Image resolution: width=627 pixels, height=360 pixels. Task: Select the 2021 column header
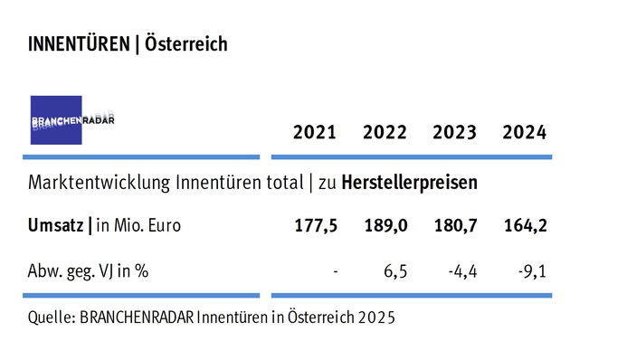315,133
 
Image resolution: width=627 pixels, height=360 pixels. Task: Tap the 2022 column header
385,133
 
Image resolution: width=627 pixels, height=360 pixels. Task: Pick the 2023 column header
455,133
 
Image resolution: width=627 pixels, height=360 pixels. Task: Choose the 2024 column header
525,133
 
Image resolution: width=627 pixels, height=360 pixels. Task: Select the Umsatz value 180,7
455,225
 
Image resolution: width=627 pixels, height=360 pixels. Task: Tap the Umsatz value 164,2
525,225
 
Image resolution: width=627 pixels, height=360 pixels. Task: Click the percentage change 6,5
396,269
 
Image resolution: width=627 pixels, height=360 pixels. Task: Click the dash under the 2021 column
335,270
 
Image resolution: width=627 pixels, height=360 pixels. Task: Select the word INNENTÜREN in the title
78,43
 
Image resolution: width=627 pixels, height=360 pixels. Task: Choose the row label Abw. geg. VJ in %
89,269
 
